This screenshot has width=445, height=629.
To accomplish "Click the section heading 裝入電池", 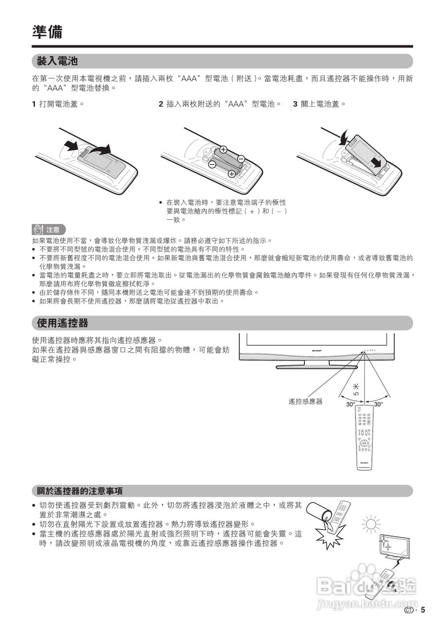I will coord(57,61).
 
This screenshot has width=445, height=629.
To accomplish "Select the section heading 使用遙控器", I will coord(62,323).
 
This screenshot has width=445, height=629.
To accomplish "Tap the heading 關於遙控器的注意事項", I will coord(80,491).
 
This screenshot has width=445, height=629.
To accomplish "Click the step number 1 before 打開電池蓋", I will coord(34,104).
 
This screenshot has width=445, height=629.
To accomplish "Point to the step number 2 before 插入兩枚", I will coord(161,104).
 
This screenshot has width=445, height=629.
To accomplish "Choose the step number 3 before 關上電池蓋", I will coord(295,104).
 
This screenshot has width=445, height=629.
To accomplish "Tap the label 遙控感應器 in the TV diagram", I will coord(305,401).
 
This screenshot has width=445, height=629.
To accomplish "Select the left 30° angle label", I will coord(350,404).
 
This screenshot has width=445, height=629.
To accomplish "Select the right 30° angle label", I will coord(379,404).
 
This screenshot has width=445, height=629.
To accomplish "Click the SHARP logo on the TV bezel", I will coord(319,351).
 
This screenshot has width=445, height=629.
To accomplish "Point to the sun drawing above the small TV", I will coord(371,524).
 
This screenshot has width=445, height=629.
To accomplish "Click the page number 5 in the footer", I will coord(422,610).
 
